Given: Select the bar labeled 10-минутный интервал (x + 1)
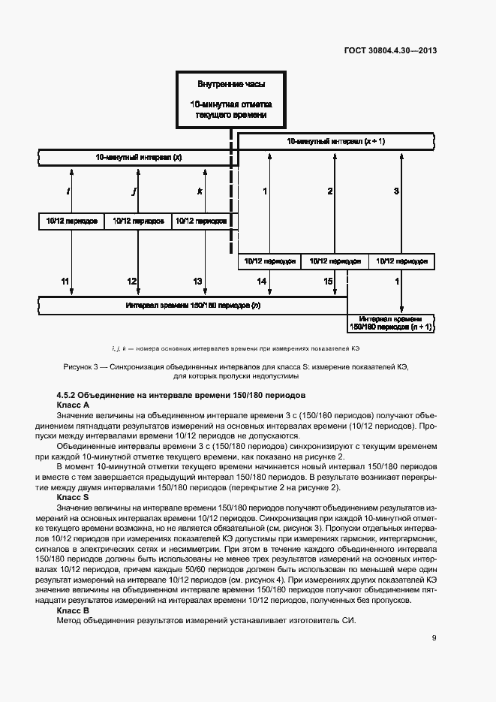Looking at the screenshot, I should [335, 141].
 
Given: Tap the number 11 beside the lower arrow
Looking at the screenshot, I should [65, 281].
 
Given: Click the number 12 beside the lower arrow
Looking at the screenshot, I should [131, 281].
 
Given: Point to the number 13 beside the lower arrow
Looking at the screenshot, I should [197, 281].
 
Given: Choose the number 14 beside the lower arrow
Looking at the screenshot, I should [261, 281].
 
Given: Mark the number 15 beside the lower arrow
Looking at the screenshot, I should [328, 281].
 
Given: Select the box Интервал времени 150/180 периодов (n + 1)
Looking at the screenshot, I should [390, 323].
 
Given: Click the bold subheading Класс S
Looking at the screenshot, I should [73, 496].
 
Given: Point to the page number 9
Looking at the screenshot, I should [434, 638].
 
